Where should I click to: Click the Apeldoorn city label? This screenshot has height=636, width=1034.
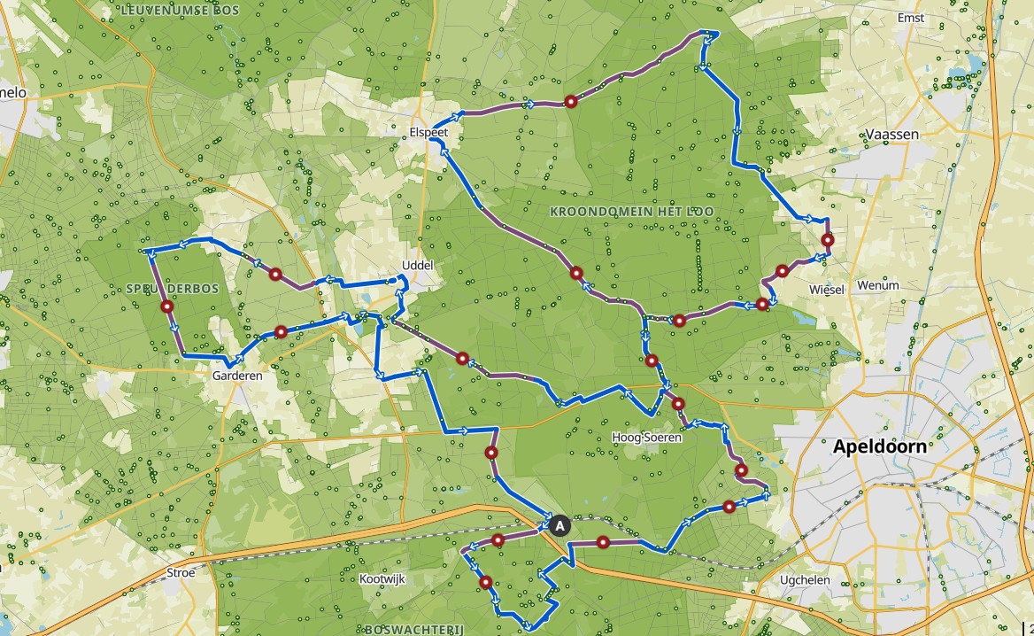tap(879, 446)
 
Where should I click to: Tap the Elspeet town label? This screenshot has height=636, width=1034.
tap(428, 132)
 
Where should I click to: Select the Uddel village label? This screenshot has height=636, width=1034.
tap(418, 265)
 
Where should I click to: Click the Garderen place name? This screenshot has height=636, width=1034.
tap(237, 376)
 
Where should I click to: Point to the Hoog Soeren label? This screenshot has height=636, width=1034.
tap(646, 438)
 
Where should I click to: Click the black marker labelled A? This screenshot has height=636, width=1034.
tap(559, 525)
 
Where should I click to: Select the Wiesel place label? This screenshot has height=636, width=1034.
tap(826, 290)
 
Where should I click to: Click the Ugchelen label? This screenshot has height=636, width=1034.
tap(804, 580)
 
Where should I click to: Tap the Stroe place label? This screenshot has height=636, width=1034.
tap(180, 572)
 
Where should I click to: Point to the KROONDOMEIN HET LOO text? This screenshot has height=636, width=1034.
tap(631, 212)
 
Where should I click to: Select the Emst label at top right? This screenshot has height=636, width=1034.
tap(910, 18)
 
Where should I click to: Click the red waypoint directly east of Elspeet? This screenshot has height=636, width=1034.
tap(571, 102)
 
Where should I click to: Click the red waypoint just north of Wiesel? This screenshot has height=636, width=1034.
tap(828, 240)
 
